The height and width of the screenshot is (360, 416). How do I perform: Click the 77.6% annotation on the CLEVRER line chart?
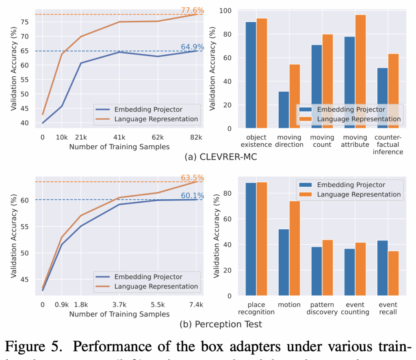[192, 11]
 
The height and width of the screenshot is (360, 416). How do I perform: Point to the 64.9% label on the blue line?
[192, 47]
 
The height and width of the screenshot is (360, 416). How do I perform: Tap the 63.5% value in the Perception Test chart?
[192, 178]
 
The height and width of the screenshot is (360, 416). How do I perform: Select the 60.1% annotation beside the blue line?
[192, 196]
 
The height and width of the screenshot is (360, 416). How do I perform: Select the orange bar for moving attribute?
[361, 71]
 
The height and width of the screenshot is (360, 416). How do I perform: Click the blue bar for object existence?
[251, 75]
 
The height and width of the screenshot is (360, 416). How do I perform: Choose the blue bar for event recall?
[382, 268]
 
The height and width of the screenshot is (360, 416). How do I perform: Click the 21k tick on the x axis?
[81, 137]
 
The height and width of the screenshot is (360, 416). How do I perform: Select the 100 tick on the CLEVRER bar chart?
[229, 11]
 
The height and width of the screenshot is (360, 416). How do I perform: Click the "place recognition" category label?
[256, 308]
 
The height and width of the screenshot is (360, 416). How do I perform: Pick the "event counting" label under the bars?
[356, 308]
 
